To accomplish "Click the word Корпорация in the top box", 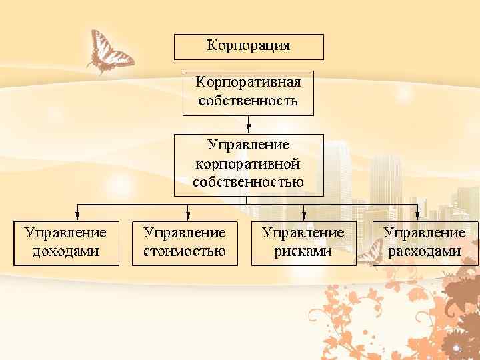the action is [249, 46].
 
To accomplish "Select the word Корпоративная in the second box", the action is [248, 83].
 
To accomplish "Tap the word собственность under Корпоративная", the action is [248, 101].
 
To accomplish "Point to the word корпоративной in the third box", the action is [248, 163].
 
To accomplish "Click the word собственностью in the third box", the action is [248, 181].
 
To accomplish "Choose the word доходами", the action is [66, 251].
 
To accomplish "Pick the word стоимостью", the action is [185, 251].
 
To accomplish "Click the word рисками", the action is [303, 251].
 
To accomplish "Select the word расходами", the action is [425, 251].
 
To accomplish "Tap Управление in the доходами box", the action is [66, 233].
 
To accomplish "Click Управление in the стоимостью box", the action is [185, 233].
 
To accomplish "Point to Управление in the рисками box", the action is [303, 233].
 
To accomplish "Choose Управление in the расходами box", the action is [425, 233].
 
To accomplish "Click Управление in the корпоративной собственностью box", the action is [248, 144].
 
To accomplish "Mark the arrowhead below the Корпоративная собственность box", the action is [248, 128].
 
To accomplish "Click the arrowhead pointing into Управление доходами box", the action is [78, 215].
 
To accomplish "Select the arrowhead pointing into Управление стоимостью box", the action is [189, 215].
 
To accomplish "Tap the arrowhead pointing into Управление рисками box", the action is [304, 215].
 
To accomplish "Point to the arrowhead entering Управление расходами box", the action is [417, 215].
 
